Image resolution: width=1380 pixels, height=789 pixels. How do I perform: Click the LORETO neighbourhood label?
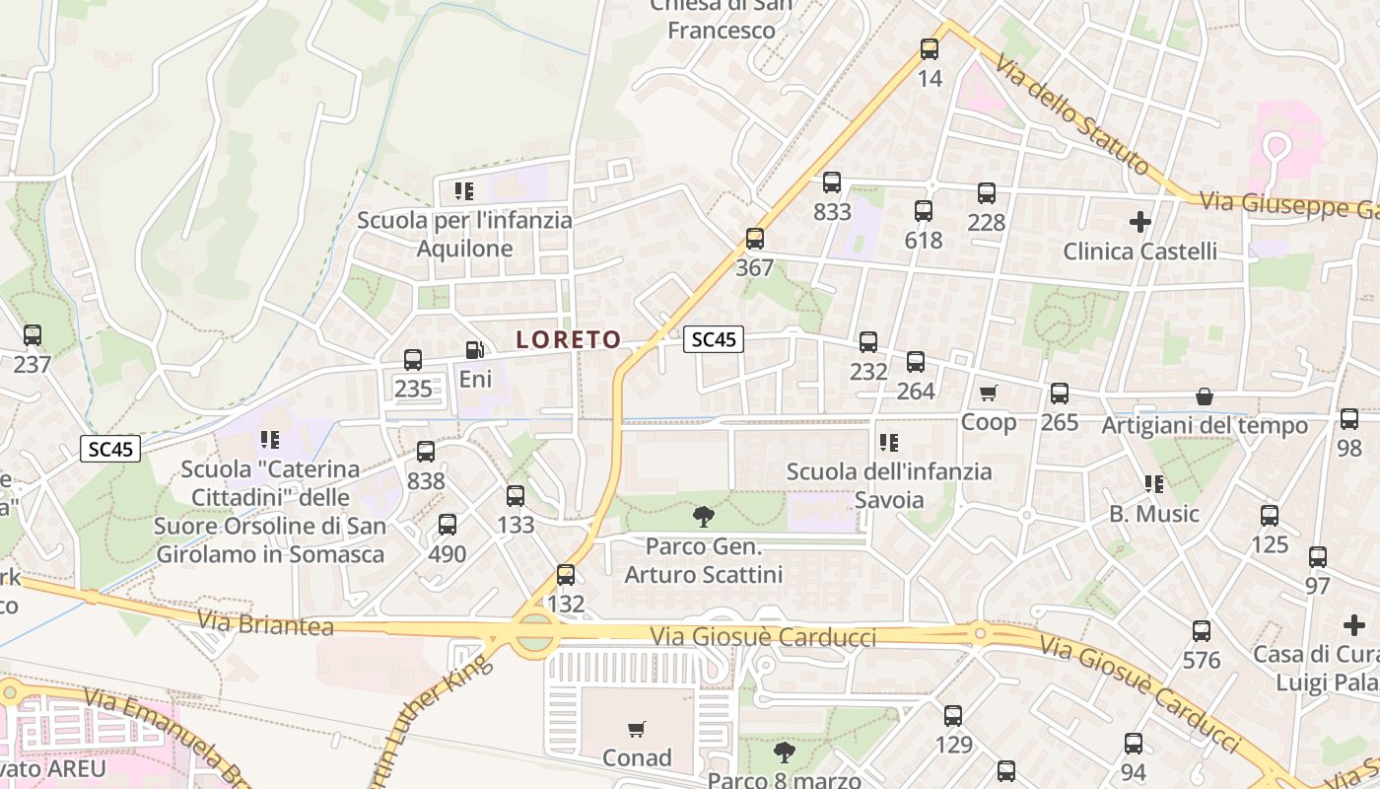569,339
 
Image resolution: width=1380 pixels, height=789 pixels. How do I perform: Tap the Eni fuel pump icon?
475,350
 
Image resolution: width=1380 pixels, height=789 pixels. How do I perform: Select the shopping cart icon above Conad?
637,730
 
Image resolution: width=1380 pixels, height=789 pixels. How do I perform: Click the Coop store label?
988,422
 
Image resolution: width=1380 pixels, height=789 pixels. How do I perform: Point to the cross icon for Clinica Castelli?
1139,222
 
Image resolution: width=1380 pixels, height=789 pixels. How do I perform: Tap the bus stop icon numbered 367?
755,239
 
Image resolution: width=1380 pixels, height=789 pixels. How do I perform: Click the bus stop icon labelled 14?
930,49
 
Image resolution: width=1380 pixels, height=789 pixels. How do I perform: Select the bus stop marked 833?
832,182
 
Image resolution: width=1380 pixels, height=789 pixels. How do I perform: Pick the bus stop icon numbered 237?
33,335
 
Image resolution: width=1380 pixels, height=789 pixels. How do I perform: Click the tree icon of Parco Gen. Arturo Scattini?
703,516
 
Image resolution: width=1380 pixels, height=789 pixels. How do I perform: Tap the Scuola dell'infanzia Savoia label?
889,484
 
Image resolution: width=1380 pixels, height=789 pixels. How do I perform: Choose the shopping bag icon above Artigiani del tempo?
1204,396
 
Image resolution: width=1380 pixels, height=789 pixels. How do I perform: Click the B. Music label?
1153,514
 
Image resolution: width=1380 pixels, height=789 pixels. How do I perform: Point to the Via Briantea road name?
265,623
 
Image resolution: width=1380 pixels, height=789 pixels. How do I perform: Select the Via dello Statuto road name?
1071,114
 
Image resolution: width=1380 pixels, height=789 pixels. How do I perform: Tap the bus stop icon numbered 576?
1201,631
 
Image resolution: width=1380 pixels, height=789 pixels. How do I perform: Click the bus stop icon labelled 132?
566,575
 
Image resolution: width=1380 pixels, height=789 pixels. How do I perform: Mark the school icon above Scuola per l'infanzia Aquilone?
464,190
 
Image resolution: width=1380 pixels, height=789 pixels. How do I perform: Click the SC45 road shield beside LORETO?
714,339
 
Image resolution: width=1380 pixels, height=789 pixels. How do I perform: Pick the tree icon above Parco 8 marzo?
784,753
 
